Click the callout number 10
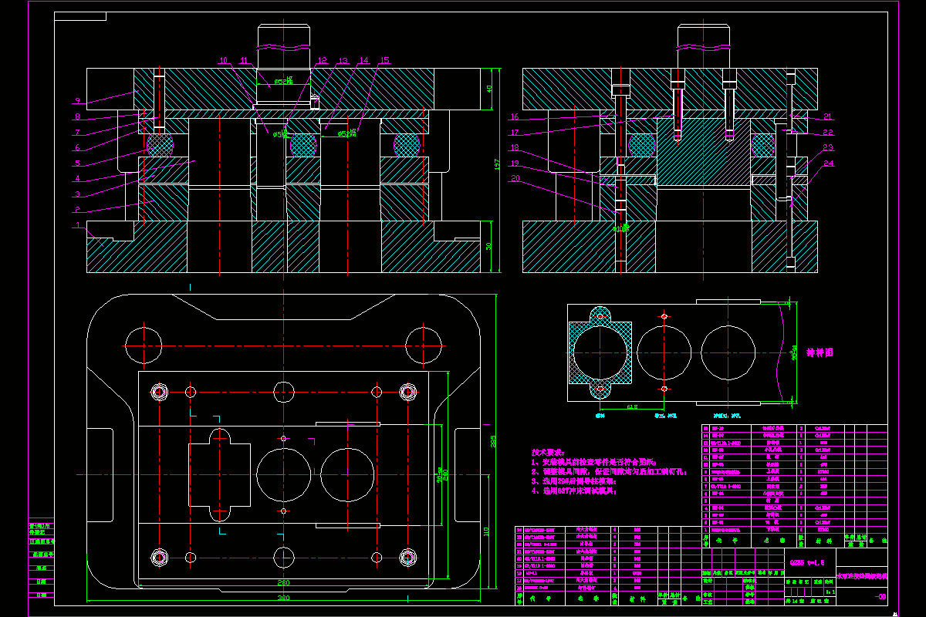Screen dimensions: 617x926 pos(223,60)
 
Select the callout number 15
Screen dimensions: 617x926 pos(384,60)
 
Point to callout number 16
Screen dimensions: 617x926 pos(514,118)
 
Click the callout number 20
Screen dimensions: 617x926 pos(514,179)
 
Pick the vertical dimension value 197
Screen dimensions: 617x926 pos(498,164)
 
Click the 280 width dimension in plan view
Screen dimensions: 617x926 pos(284,582)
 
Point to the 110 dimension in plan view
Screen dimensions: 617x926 pos(486,531)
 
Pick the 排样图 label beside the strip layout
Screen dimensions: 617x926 pos(820,352)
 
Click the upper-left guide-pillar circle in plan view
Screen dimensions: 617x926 pos(144,345)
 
